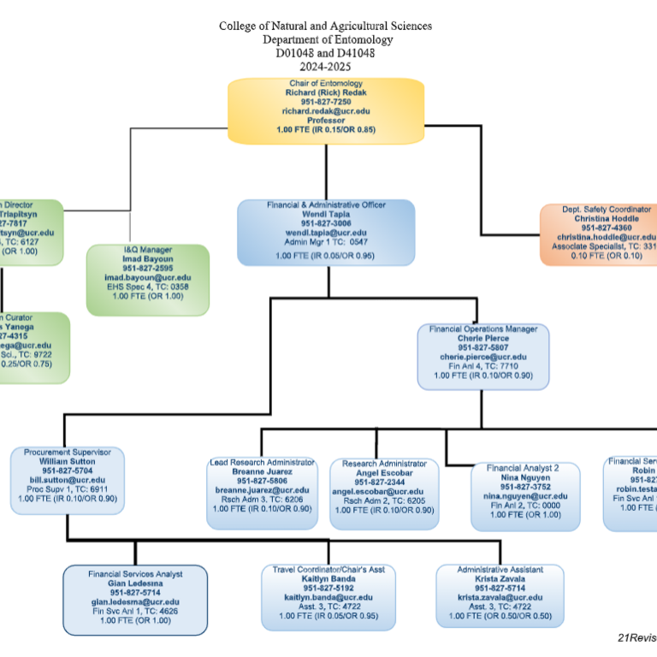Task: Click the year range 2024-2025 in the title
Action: (325, 66)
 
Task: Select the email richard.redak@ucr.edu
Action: (325, 111)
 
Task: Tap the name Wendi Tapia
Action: (325, 214)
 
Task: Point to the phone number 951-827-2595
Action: (148, 268)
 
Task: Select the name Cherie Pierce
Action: (482, 338)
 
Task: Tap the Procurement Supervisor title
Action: (68, 451)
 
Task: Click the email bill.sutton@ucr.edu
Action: (68, 480)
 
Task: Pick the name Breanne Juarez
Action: (263, 471)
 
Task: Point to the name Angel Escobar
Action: (383, 472)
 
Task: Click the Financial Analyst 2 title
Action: (523, 468)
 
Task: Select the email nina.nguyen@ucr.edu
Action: (523, 496)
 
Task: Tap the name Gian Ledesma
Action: (135, 583)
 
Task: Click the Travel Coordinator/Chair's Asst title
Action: (328, 569)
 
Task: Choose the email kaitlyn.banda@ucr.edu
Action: (328, 597)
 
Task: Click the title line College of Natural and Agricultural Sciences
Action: (325, 26)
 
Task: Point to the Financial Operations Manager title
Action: (482, 328)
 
